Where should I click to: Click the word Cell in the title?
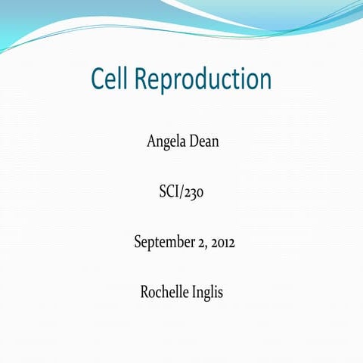(111, 79)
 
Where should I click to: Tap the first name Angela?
(164, 141)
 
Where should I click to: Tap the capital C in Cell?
(98, 79)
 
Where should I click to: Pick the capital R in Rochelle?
(145, 291)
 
